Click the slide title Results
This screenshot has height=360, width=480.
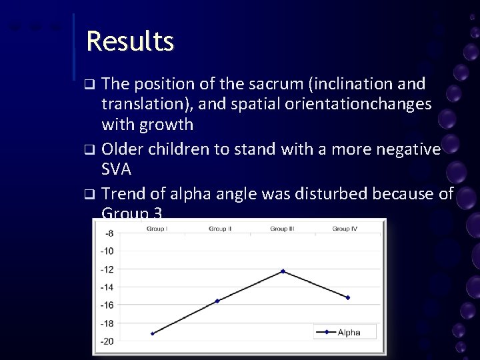point(130,41)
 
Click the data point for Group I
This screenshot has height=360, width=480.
point(153,333)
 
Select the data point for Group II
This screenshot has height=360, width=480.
point(217,301)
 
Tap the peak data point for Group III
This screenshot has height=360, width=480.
point(283,271)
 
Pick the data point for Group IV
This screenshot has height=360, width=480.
point(347,297)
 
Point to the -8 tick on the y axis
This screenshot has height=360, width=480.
point(108,233)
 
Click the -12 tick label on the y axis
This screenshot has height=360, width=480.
point(107,269)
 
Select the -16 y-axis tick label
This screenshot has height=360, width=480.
point(107,305)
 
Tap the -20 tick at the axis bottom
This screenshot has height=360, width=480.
point(107,341)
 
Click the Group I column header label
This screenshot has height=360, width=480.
point(157,229)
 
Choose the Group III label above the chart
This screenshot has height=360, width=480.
point(283,229)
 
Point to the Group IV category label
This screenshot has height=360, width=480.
point(345,229)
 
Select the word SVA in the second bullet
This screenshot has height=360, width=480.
point(116,169)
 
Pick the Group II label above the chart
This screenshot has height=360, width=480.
point(220,229)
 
